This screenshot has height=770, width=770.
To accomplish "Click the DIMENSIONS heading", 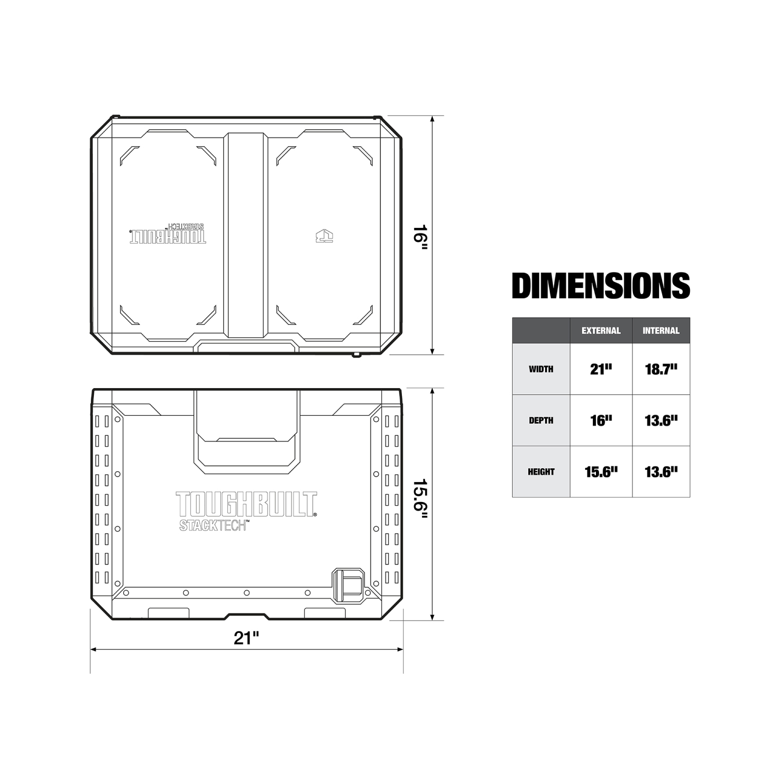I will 601,285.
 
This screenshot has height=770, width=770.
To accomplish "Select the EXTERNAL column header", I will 601,331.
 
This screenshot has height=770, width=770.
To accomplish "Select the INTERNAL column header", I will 661,331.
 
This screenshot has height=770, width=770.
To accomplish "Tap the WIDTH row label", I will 541,369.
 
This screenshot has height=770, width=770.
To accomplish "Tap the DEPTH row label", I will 541,420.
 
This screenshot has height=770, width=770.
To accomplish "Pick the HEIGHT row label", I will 541,472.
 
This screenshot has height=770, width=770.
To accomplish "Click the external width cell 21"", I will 601,369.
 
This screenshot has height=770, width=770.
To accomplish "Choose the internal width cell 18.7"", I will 661,369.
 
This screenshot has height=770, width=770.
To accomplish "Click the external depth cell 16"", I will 601,420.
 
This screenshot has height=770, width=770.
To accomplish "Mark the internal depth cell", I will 661,420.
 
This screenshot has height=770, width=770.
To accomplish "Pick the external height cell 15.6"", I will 601,472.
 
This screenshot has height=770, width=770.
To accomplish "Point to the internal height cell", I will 661,472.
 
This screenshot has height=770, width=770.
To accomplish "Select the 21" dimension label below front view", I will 246,638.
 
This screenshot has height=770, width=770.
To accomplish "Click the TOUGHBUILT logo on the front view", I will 246,504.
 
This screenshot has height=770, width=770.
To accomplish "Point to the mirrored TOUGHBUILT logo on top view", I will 168,237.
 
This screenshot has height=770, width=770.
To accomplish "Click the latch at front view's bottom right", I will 348,585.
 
